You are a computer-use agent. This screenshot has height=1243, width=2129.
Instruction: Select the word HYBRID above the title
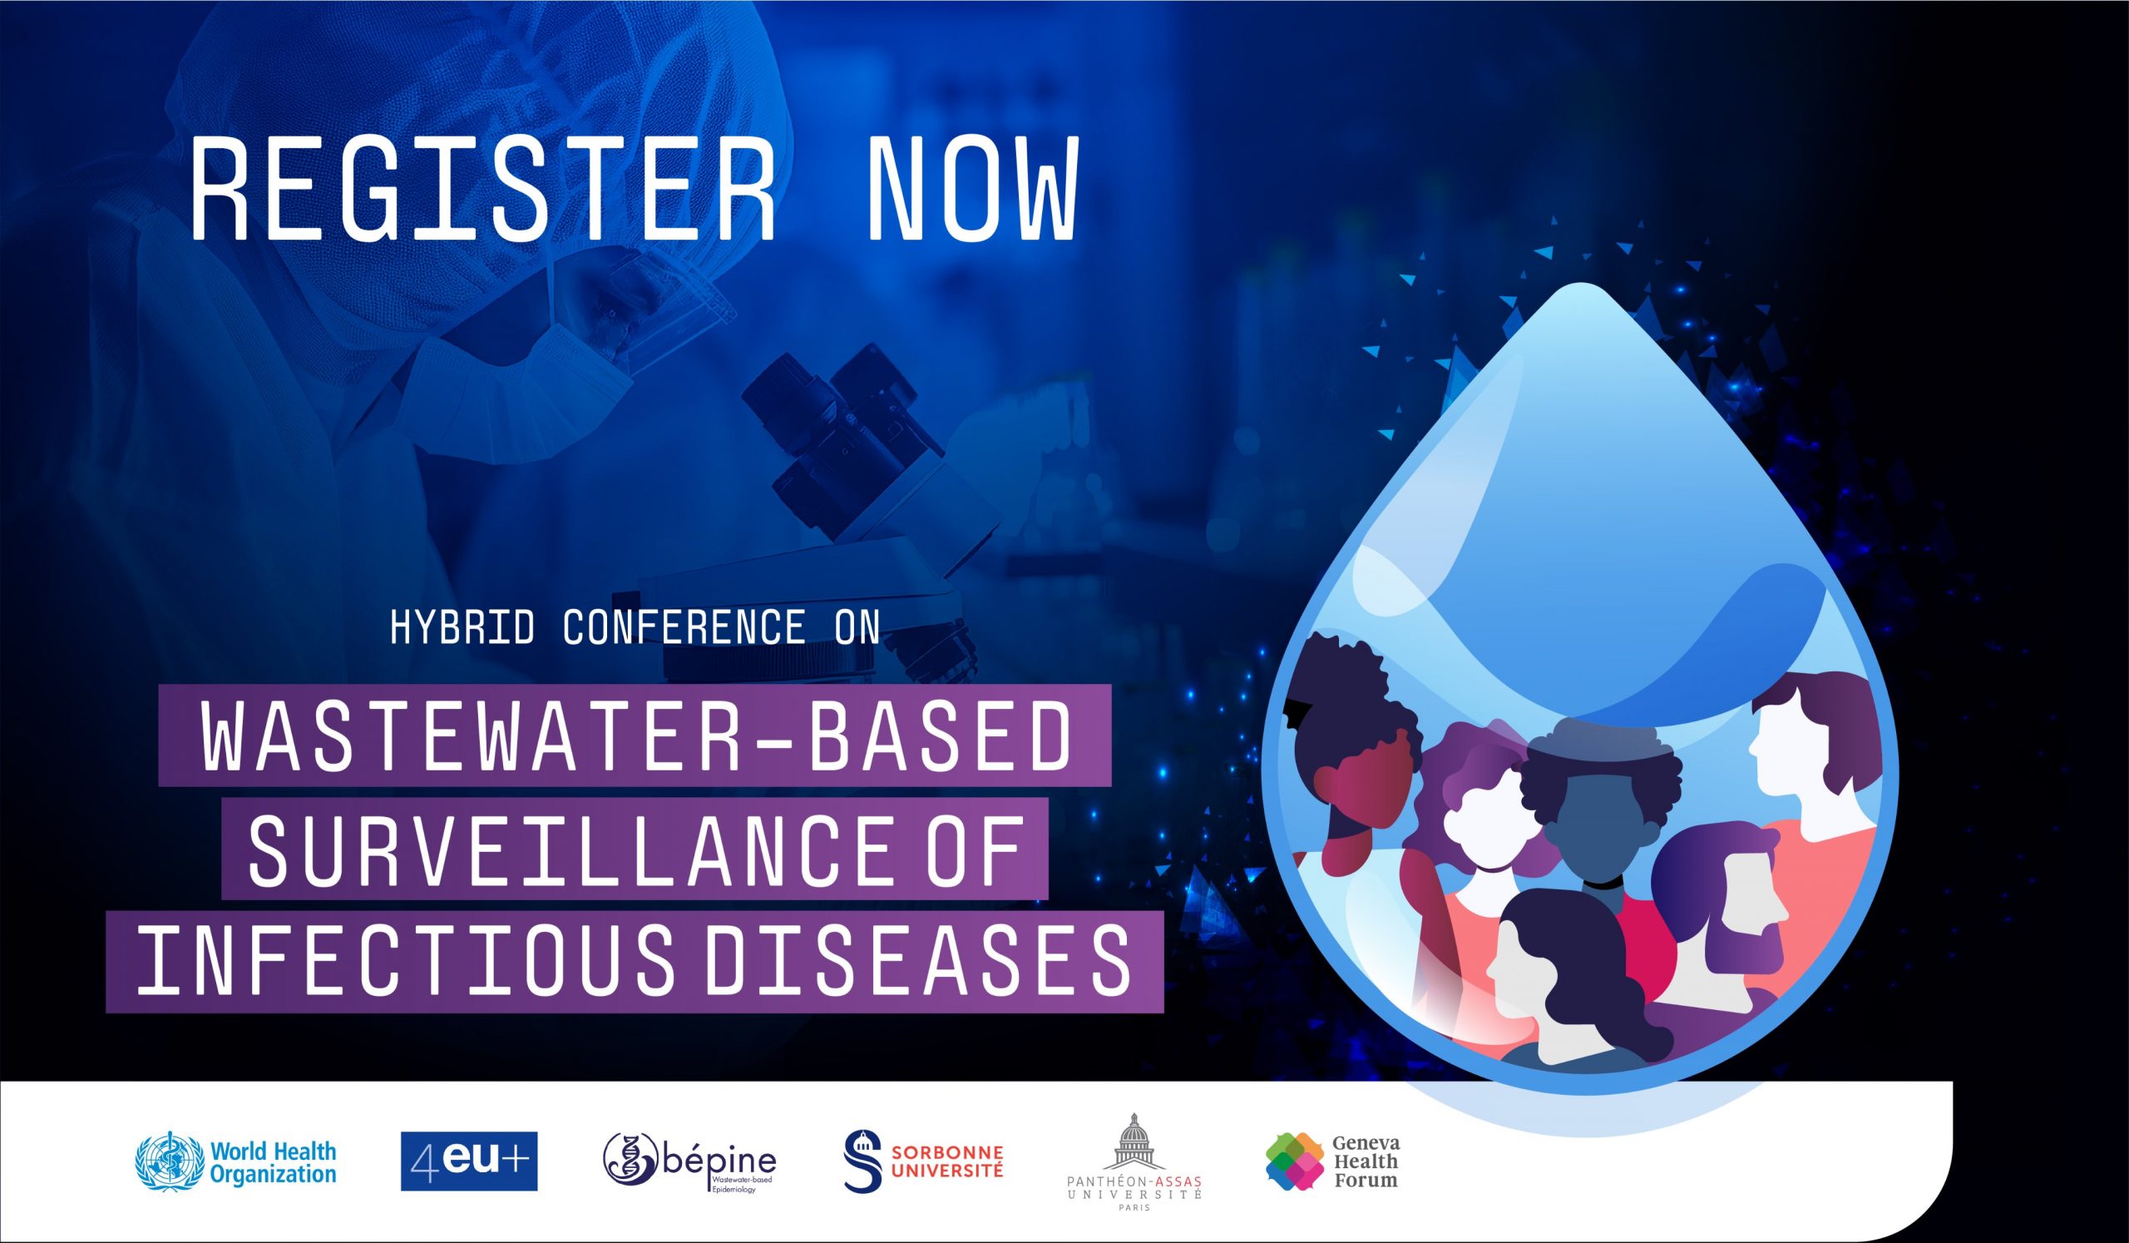463,627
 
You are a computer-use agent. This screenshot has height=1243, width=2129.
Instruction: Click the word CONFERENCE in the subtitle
684,627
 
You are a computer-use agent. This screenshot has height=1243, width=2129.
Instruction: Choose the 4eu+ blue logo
469,1161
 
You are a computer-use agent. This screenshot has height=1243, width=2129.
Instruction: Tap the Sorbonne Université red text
948,1161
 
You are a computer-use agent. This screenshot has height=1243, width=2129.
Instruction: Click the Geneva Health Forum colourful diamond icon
1294,1161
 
